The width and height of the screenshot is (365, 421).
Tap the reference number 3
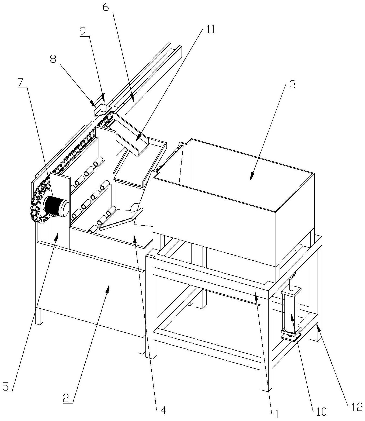[x=292, y=84]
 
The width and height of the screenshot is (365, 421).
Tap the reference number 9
[x=83, y=32]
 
